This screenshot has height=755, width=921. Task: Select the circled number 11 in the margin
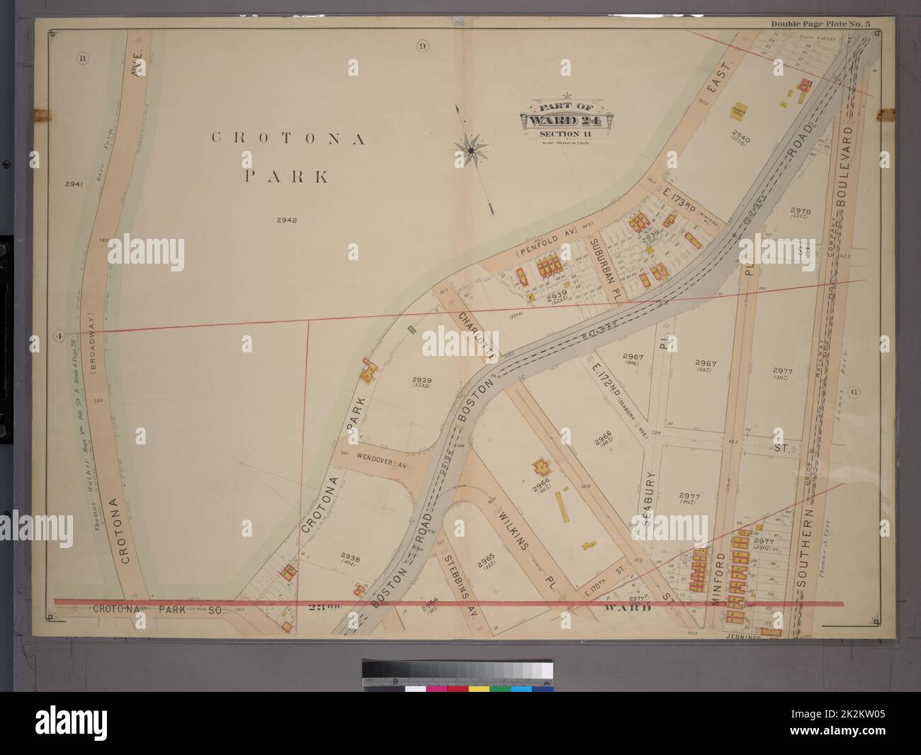(83, 58)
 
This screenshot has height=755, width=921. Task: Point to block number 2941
(74, 184)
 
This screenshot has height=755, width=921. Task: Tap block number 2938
(351, 557)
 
